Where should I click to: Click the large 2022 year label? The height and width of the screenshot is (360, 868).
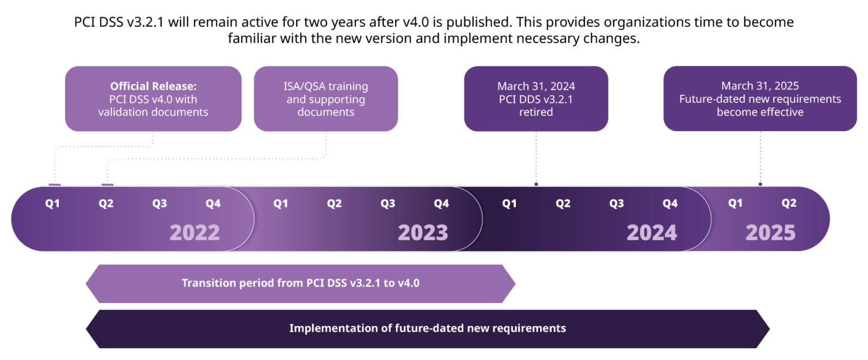pyautogui.click(x=194, y=233)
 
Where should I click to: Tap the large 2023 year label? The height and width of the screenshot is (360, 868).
pyautogui.click(x=423, y=233)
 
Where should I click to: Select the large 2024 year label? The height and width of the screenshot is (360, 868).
pyautogui.click(x=652, y=233)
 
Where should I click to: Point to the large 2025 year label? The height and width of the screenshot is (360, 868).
pyautogui.click(x=770, y=233)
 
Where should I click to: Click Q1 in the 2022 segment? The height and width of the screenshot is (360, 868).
pyautogui.click(x=53, y=203)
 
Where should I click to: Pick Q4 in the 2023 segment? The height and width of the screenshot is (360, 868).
pyautogui.click(x=441, y=203)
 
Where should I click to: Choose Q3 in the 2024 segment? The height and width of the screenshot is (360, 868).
pyautogui.click(x=617, y=203)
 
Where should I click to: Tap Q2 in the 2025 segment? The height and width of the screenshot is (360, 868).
pyautogui.click(x=789, y=203)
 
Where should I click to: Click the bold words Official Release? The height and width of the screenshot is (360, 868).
pyautogui.click(x=153, y=86)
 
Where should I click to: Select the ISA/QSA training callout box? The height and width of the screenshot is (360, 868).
pyautogui.click(x=325, y=99)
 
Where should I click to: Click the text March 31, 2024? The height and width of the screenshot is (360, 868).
pyautogui.click(x=536, y=86)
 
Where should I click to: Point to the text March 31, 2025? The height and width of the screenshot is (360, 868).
pyautogui.click(x=759, y=86)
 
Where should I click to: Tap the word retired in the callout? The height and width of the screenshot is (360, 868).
pyautogui.click(x=536, y=112)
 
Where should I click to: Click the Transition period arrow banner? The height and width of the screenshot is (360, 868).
pyautogui.click(x=300, y=283)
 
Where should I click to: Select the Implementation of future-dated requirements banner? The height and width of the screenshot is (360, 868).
pyautogui.click(x=427, y=328)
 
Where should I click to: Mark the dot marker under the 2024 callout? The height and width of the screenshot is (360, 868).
pyautogui.click(x=536, y=184)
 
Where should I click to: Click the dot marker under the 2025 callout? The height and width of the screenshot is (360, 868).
pyautogui.click(x=760, y=184)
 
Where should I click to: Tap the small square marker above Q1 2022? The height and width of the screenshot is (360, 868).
pyautogui.click(x=55, y=184)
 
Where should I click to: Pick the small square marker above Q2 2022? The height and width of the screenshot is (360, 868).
pyautogui.click(x=107, y=184)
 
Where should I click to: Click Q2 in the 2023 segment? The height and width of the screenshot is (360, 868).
pyautogui.click(x=334, y=203)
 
